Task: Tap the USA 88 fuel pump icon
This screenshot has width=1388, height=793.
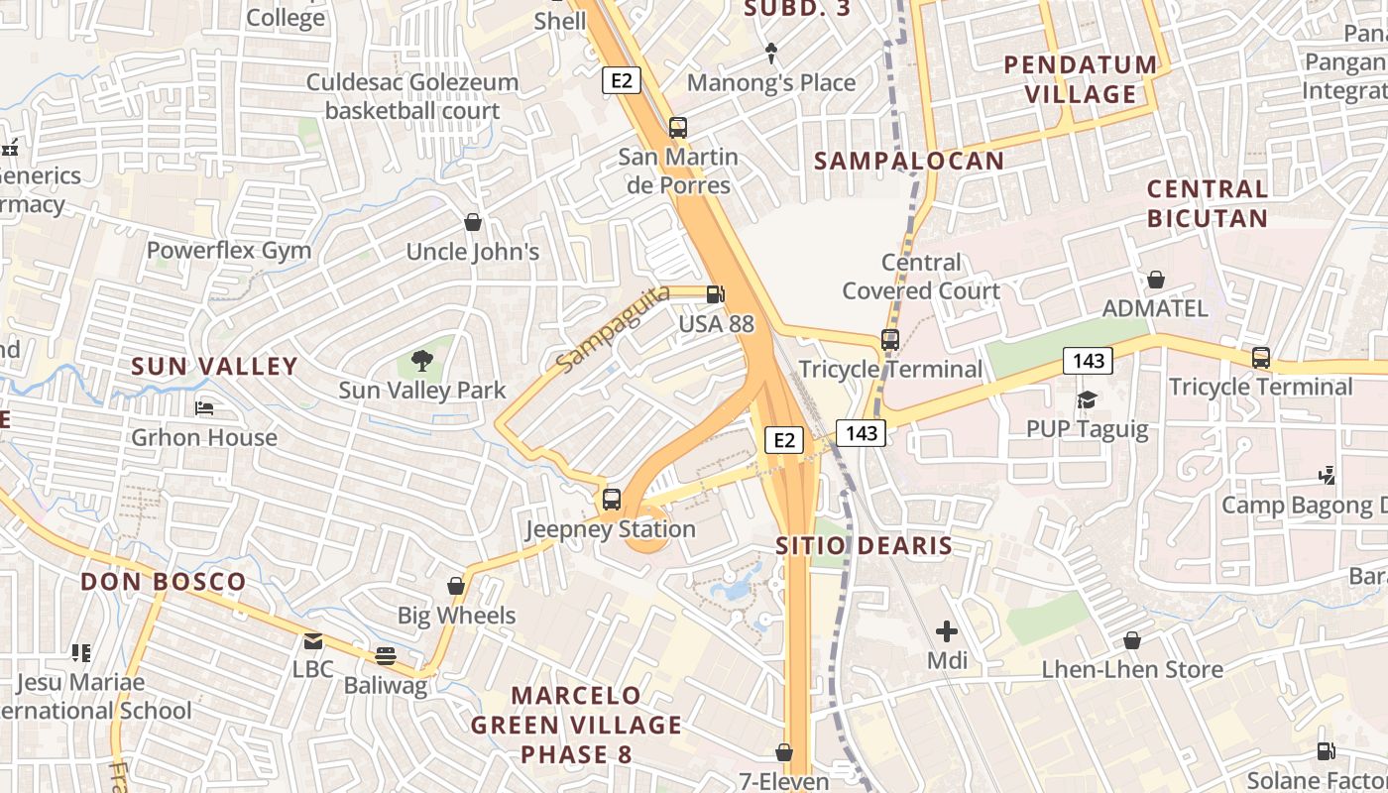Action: coord(715,294)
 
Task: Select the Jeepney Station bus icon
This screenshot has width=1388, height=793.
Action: coord(612,500)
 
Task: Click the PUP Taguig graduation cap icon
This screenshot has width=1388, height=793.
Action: coord(1087,399)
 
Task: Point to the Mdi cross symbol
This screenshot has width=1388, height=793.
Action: coord(947,630)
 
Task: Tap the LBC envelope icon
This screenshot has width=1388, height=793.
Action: coord(313,641)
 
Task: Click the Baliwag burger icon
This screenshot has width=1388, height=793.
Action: coord(386,655)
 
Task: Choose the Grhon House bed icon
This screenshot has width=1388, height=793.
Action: coord(204,408)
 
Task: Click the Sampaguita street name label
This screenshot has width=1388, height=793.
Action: coord(613,329)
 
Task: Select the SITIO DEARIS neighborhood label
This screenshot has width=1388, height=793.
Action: coord(864,545)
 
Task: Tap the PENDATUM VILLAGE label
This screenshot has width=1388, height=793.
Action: coord(1081,79)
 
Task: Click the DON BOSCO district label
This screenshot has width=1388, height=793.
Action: coord(164,582)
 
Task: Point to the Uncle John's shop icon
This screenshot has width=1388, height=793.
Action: coord(473,222)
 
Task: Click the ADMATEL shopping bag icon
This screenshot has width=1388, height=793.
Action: coord(1155,280)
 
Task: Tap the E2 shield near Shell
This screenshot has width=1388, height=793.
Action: coord(621,80)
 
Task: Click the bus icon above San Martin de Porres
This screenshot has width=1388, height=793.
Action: coord(678,128)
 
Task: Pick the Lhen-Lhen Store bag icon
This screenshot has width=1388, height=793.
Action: coord(1131,641)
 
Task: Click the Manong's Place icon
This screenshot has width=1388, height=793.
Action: coord(771,53)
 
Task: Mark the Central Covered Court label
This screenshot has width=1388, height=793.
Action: coord(921,277)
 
